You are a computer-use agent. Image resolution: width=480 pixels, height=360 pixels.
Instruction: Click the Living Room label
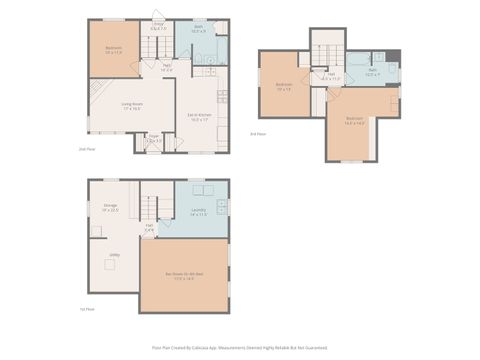pos(132,107)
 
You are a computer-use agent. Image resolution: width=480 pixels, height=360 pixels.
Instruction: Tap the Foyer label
pos(154,140)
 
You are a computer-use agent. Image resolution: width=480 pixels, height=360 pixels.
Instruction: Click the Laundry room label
pos(198,211)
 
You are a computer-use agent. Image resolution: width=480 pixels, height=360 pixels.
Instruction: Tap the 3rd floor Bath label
pos(371,72)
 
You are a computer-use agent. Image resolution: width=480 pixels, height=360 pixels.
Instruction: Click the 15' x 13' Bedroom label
pos(283,88)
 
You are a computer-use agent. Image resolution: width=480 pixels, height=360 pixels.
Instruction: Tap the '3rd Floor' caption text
pos(257,132)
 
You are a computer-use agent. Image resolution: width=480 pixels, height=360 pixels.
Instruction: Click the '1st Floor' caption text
pos(86,309)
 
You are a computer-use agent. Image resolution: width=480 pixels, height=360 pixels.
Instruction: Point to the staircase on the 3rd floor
pos(326,50)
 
